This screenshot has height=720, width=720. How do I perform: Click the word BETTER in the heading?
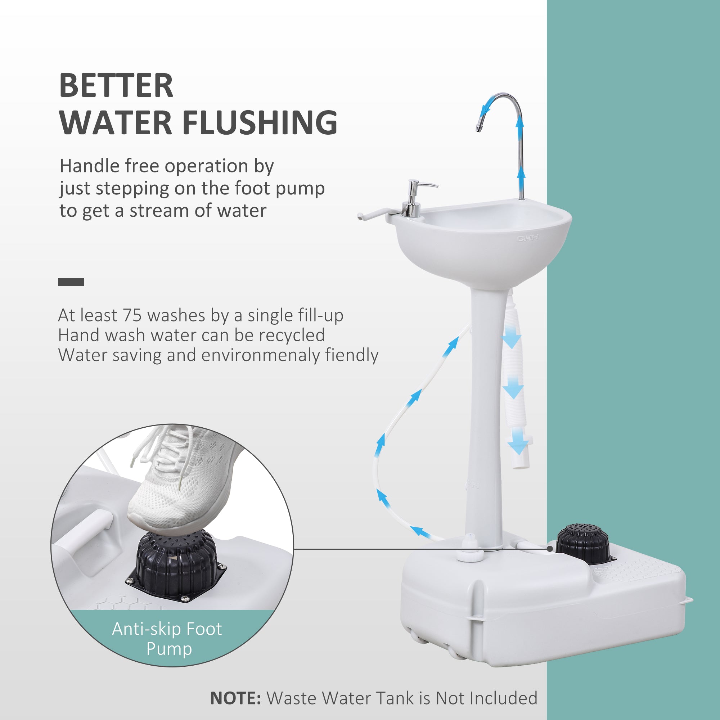(x=116, y=86)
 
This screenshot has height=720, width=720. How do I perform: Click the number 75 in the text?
(x=132, y=316)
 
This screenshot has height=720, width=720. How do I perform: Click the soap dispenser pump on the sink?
(x=414, y=198)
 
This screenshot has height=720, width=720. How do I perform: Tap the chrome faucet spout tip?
(x=478, y=128)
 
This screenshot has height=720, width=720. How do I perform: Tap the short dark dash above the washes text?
(x=71, y=282)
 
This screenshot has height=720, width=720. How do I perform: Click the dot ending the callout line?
(x=550, y=549)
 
